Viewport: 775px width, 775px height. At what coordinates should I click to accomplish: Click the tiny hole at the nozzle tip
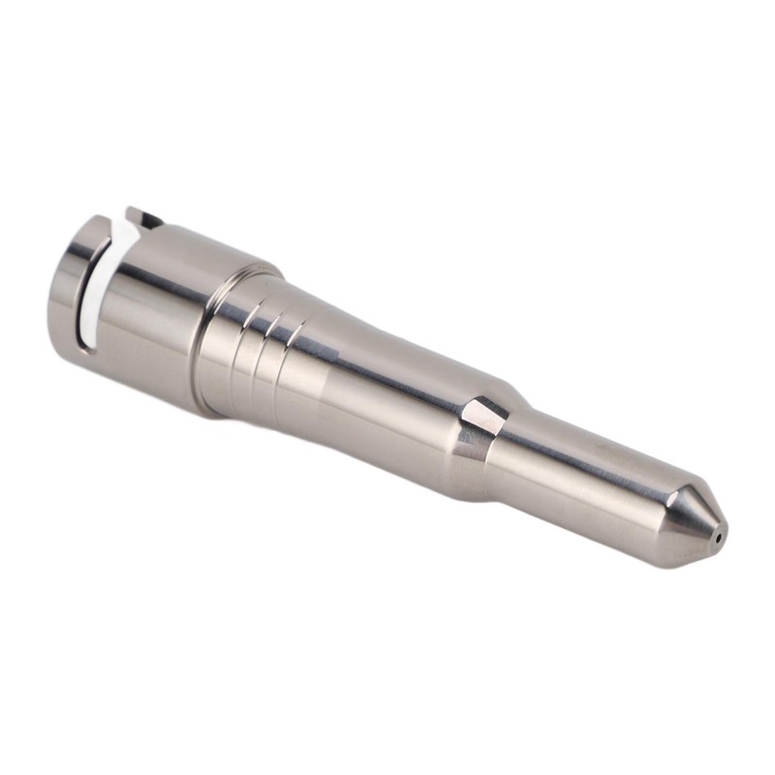coord(717,533)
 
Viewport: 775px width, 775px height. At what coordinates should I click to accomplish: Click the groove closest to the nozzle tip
coord(296,339)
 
